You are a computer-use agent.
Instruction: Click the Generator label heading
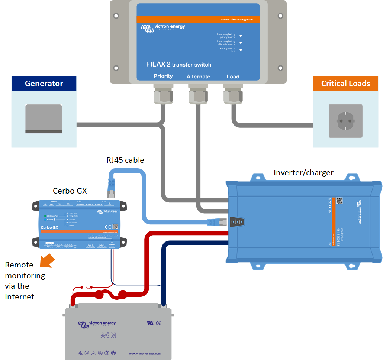click(x=44, y=84)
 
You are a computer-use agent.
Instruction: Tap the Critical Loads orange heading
click(x=345, y=84)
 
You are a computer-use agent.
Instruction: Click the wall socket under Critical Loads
click(x=345, y=121)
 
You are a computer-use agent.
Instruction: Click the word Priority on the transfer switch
click(x=163, y=76)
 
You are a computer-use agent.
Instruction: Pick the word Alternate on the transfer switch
click(x=198, y=77)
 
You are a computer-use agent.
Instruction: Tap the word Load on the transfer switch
click(x=233, y=77)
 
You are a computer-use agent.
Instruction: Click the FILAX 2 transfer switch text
click(x=178, y=64)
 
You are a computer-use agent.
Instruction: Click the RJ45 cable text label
click(x=125, y=160)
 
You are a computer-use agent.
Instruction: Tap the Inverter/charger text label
click(x=303, y=173)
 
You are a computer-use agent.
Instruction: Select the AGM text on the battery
click(x=108, y=335)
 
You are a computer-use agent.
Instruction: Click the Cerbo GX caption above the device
click(x=70, y=191)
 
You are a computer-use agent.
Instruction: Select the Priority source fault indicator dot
click(x=241, y=50)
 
